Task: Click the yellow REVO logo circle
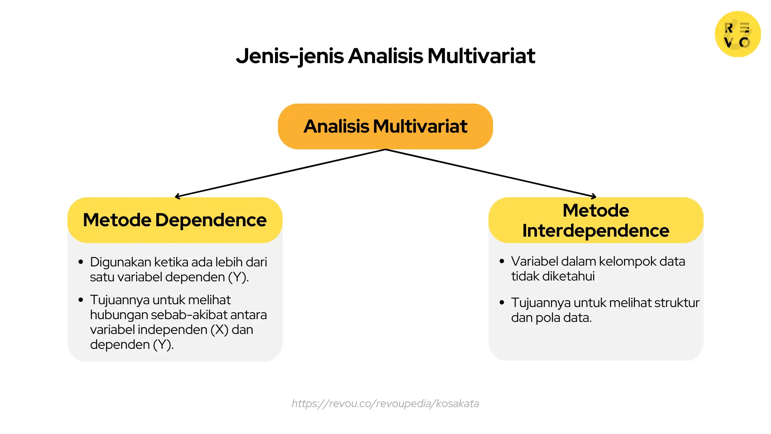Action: [x=738, y=34]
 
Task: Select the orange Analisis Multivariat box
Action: [x=385, y=127]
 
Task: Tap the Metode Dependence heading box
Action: [x=175, y=220]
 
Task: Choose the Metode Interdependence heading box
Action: [x=596, y=220]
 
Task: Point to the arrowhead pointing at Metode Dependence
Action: [x=177, y=197]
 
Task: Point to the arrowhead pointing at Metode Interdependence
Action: [x=594, y=197]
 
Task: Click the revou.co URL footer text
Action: [x=385, y=403]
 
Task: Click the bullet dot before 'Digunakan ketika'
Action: [x=81, y=262]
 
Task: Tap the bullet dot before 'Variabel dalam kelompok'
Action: [x=502, y=261]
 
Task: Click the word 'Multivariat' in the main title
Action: [x=481, y=56]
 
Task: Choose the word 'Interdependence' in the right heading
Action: [x=596, y=231]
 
